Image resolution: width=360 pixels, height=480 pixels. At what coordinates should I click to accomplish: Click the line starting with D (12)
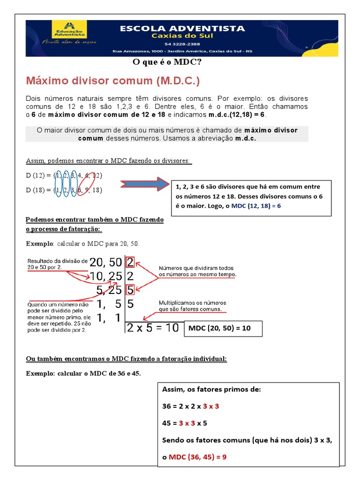click(x=63, y=175)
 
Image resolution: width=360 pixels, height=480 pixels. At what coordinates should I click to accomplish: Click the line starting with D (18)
click(x=63, y=190)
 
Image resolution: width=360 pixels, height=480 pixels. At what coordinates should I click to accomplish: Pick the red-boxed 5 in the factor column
click(x=130, y=290)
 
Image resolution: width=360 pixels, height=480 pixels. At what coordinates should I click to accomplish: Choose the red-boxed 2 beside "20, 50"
click(x=130, y=262)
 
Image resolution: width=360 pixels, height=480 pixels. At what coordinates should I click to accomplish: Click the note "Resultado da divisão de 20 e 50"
click(x=57, y=263)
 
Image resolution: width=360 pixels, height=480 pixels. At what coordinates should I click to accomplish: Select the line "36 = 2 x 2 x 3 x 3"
click(x=190, y=406)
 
